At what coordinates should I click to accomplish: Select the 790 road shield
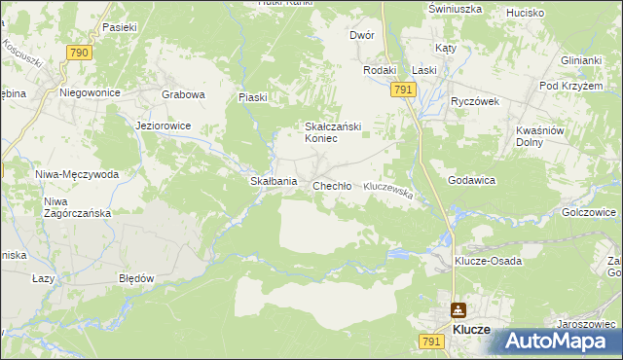click(79, 53)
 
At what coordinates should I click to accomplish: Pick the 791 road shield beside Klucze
click(432, 341)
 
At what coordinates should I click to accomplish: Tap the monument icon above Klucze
click(458, 310)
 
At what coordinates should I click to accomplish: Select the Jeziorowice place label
click(164, 126)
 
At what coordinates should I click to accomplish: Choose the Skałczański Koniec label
click(321, 132)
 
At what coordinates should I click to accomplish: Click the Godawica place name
click(472, 181)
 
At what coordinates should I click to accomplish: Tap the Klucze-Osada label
click(489, 261)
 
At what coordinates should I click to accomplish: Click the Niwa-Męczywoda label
click(77, 175)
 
